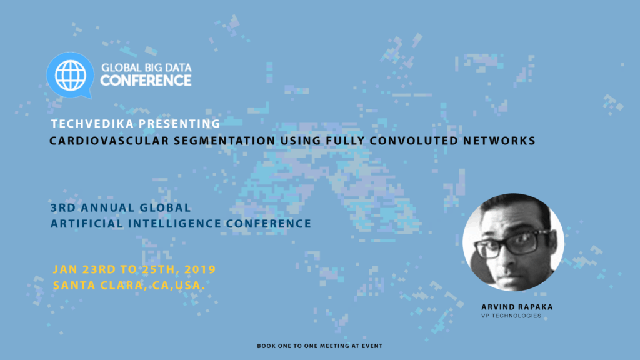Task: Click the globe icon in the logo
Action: tap(70, 75)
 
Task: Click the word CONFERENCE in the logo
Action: tap(146, 81)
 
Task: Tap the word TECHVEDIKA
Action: tap(92, 124)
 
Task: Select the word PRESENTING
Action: tap(179, 124)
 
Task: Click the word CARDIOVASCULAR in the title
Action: tap(109, 141)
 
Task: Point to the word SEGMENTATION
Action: tap(224, 141)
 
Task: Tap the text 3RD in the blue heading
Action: tap(63, 207)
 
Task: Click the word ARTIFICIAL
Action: tap(87, 224)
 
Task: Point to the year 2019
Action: tap(200, 269)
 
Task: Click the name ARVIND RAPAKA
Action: tap(517, 307)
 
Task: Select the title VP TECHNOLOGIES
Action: tap(511, 316)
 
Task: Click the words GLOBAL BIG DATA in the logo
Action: tap(146, 67)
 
